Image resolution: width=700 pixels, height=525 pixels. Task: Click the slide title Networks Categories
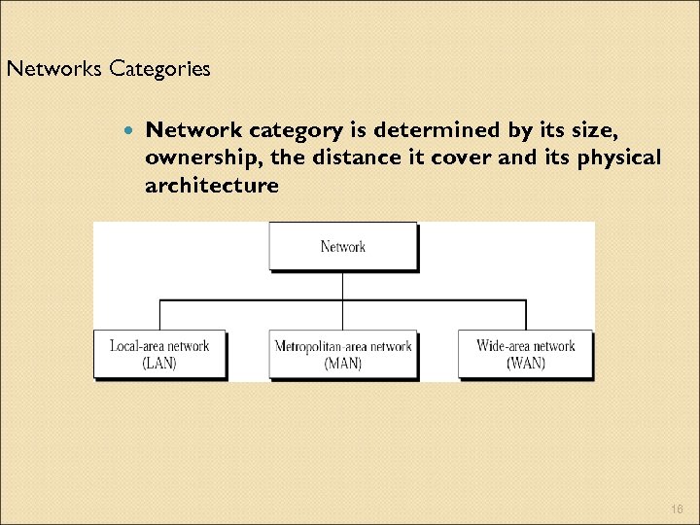click(108, 70)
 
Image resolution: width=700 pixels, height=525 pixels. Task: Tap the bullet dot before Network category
click(128, 129)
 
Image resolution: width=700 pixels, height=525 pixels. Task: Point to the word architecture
click(212, 185)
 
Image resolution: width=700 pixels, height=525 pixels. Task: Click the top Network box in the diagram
click(343, 246)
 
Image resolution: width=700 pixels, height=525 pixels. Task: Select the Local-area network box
click(159, 354)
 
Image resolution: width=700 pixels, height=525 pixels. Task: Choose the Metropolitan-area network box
click(343, 354)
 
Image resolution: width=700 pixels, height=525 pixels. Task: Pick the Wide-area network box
click(525, 354)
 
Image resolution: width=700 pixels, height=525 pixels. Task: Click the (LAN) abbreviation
click(159, 364)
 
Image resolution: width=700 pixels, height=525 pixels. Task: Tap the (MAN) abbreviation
click(343, 364)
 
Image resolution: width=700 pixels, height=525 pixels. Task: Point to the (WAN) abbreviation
click(525, 364)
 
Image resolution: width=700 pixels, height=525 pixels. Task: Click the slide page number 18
click(677, 507)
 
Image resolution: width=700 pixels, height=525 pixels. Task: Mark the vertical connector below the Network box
click(343, 286)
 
